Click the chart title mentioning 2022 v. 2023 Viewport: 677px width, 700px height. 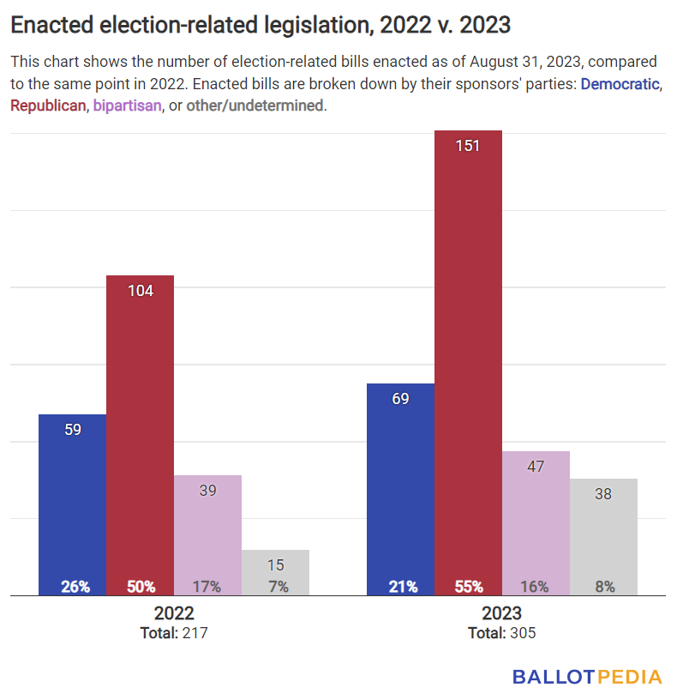[261, 26]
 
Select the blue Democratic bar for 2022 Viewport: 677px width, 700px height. [73, 506]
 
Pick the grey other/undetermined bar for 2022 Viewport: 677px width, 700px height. [276, 573]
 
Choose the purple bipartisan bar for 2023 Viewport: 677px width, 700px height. [536, 523]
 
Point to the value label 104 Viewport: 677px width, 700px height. [141, 291]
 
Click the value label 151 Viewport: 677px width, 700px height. [468, 146]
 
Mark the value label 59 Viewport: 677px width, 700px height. [73, 430]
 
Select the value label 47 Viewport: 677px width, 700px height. [536, 467]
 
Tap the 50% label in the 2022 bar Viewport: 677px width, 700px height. [141, 587]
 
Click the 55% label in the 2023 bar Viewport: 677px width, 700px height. [468, 587]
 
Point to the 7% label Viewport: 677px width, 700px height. [276, 587]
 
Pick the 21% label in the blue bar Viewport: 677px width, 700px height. [400, 587]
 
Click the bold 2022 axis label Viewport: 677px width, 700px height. [174, 614]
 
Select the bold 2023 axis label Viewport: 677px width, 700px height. [501, 614]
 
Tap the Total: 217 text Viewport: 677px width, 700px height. [174, 633]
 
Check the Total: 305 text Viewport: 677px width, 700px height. [501, 633]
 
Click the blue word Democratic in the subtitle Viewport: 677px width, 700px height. [620, 85]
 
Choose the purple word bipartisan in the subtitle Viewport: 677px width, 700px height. [127, 106]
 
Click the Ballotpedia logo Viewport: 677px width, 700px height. [587, 677]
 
